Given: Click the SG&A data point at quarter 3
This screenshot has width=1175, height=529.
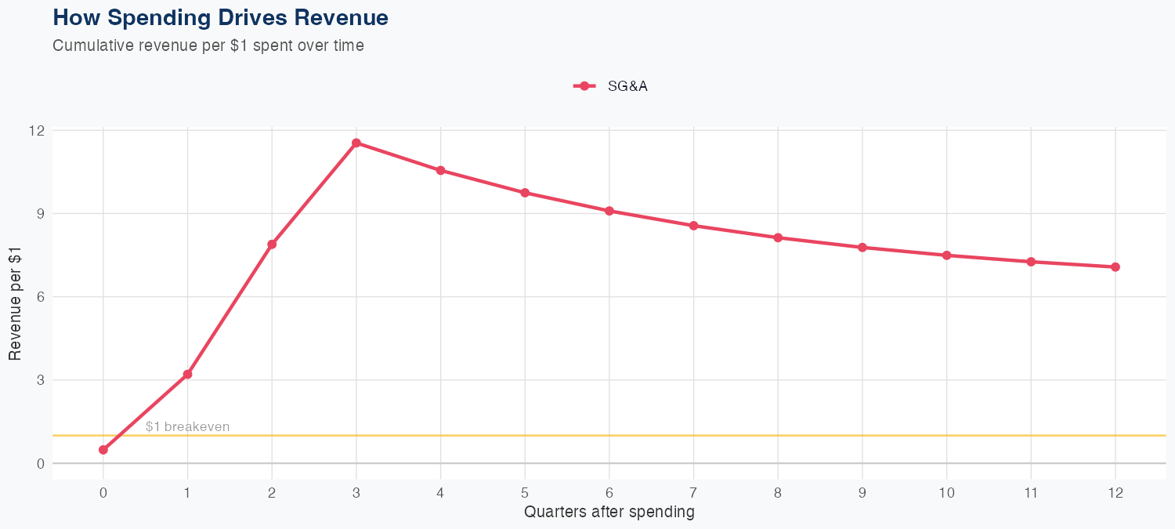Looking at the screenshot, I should [356, 143].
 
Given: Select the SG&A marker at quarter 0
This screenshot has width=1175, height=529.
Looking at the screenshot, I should [103, 450].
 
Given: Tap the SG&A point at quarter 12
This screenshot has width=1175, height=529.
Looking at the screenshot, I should [1115, 267].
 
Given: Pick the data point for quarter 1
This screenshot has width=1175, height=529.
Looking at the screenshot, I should [187, 375].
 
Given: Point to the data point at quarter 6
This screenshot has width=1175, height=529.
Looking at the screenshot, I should [609, 211].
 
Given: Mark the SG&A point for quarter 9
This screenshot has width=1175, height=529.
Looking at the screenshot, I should [862, 248].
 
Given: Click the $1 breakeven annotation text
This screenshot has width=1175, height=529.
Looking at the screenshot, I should [187, 427].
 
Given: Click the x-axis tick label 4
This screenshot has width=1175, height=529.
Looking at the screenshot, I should [440, 493].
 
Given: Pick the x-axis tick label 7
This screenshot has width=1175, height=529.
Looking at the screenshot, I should [693, 493].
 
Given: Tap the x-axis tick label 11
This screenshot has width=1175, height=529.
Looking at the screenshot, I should [1031, 493].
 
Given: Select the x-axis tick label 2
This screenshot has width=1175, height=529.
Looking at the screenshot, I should [272, 493].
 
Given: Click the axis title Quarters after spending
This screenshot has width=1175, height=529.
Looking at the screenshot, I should [609, 513].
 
